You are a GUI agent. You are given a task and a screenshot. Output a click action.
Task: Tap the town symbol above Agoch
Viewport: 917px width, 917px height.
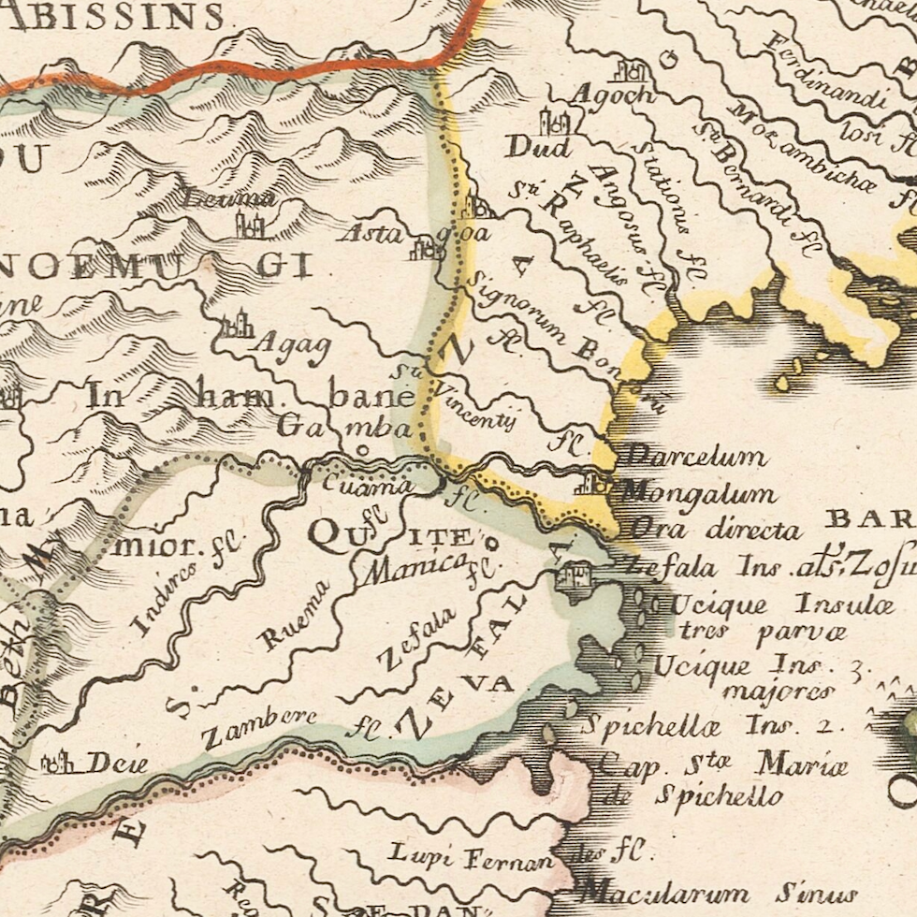tap(633, 70)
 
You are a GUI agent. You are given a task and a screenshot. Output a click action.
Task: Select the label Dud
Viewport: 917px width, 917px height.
tap(538, 147)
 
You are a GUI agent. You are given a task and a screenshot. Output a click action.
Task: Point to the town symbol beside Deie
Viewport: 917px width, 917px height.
tap(58, 763)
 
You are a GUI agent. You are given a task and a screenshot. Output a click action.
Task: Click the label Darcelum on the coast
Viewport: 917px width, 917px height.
tap(694, 457)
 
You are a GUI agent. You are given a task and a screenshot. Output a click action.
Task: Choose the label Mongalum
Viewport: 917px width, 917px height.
tap(697, 493)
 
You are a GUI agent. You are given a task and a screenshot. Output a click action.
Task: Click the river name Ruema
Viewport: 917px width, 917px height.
tap(295, 617)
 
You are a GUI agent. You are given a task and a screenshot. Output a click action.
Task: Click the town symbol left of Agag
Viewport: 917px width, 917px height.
tap(237, 325)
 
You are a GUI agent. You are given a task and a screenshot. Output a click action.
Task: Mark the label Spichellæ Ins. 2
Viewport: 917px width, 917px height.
tap(711, 725)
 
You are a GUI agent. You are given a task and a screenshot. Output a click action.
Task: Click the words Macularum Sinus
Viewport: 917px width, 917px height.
tap(716, 891)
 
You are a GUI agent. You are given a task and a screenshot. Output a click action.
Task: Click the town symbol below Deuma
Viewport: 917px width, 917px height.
tap(249, 226)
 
